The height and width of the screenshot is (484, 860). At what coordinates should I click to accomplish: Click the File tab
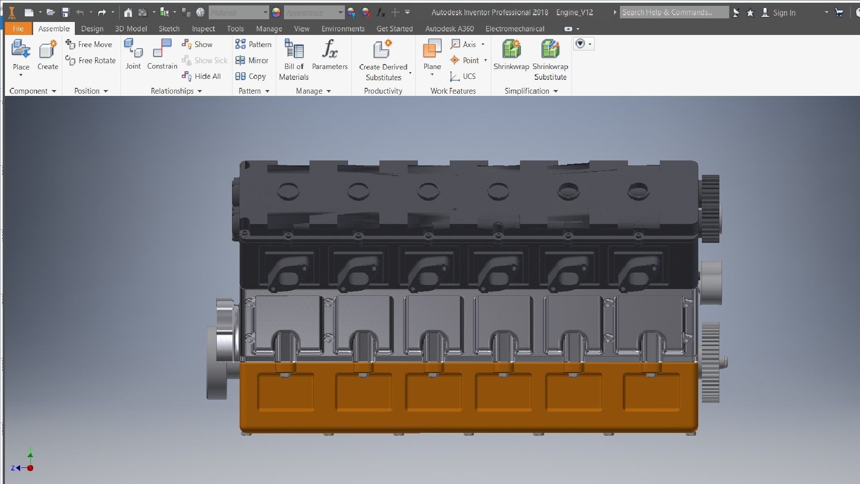[x=18, y=29]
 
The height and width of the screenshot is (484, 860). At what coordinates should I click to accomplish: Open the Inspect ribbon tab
[x=203, y=29]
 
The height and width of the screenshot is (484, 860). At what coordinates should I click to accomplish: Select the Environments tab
[x=343, y=29]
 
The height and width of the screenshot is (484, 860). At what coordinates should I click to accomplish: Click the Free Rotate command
[x=91, y=60]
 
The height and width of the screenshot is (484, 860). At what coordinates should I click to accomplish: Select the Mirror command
[x=252, y=60]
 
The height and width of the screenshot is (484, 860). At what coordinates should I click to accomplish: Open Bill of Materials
[x=294, y=59]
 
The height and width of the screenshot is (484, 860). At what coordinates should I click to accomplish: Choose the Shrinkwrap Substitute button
[x=550, y=59]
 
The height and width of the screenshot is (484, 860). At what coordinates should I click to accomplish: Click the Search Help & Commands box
[x=674, y=13]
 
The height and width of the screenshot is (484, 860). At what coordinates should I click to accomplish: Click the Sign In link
[x=784, y=13]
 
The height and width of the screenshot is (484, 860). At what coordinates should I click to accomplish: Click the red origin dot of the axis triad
[x=30, y=468]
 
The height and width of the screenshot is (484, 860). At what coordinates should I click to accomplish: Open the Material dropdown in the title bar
[x=239, y=13]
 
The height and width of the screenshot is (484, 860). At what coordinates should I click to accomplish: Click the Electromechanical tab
[x=515, y=29]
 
